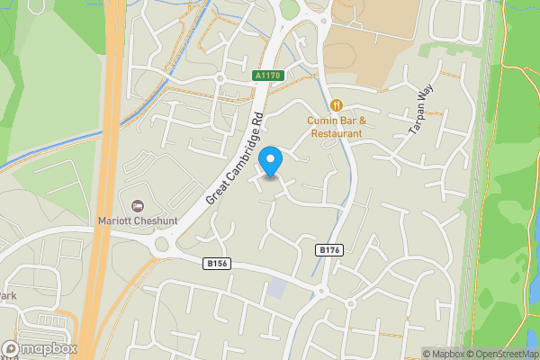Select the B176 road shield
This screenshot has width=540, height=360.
click(x=330, y=249)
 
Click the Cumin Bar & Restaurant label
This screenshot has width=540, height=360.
click(x=335, y=127)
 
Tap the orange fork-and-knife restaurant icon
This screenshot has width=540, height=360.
click(x=336, y=104)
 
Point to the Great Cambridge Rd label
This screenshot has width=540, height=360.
click(x=233, y=157)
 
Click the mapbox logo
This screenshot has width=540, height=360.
click(x=39, y=348)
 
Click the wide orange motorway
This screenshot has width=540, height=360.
click(x=103, y=180)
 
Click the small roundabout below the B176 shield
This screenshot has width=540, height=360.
click(x=321, y=290)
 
